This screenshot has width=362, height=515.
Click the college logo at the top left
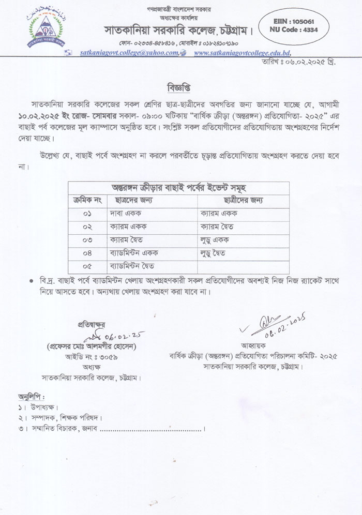coord(43,27)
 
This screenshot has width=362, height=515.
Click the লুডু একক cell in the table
coord(215,240)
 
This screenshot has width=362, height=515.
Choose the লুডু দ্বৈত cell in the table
coord(214,253)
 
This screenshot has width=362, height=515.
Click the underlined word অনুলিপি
coord(31,397)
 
